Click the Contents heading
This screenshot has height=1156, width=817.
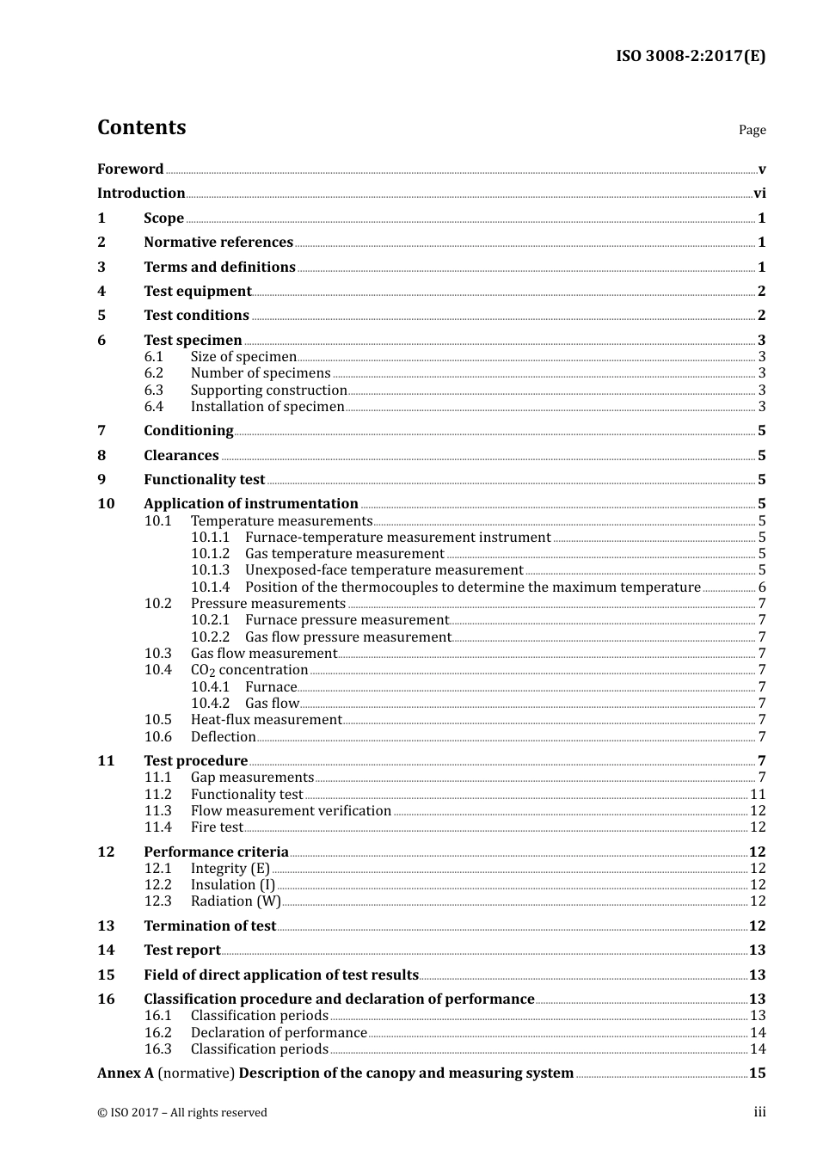coord(141,127)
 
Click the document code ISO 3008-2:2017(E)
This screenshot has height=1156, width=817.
coord(690,57)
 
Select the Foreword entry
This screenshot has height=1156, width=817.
coord(130,169)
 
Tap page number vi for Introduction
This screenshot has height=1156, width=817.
coord(759,194)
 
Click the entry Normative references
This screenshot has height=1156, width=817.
coord(218,243)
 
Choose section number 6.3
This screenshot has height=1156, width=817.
coord(154,390)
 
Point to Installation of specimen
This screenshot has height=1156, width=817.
coord(267,407)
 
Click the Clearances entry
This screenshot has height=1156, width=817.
coord(181,456)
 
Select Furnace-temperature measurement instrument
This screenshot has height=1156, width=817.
coord(397,538)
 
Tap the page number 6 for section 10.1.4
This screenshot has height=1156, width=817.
coord(762,587)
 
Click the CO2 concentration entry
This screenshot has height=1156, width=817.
coord(249,670)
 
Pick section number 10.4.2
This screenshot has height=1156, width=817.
coord(210,704)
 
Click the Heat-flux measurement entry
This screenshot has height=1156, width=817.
coord(266,720)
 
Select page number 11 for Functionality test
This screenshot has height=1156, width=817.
coord(758,795)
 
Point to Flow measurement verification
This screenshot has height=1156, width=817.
coord(291,811)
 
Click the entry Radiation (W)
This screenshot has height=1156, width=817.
coord(235,901)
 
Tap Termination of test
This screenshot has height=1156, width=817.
coord(209,926)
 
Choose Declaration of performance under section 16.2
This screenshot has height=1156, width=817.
coord(278,1033)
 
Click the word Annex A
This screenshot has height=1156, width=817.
coord(126,1073)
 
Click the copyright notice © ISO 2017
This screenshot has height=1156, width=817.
coord(181,1113)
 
